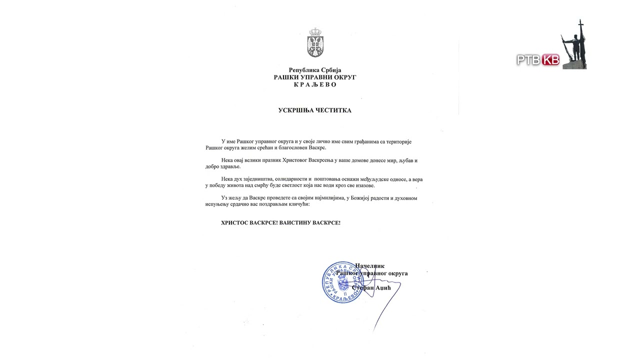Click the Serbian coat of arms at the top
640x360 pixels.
coord(314,43)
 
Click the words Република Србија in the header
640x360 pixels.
coord(314,70)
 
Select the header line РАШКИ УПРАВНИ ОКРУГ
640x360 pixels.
coord(314,77)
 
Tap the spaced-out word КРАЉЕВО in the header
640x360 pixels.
coord(314,84)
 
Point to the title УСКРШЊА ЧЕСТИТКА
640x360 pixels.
coord(314,110)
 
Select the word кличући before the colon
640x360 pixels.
coord(298,204)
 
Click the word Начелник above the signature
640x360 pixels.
coord(369,266)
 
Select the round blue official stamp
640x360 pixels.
coord(342,282)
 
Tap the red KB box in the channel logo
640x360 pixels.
coord(550,60)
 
